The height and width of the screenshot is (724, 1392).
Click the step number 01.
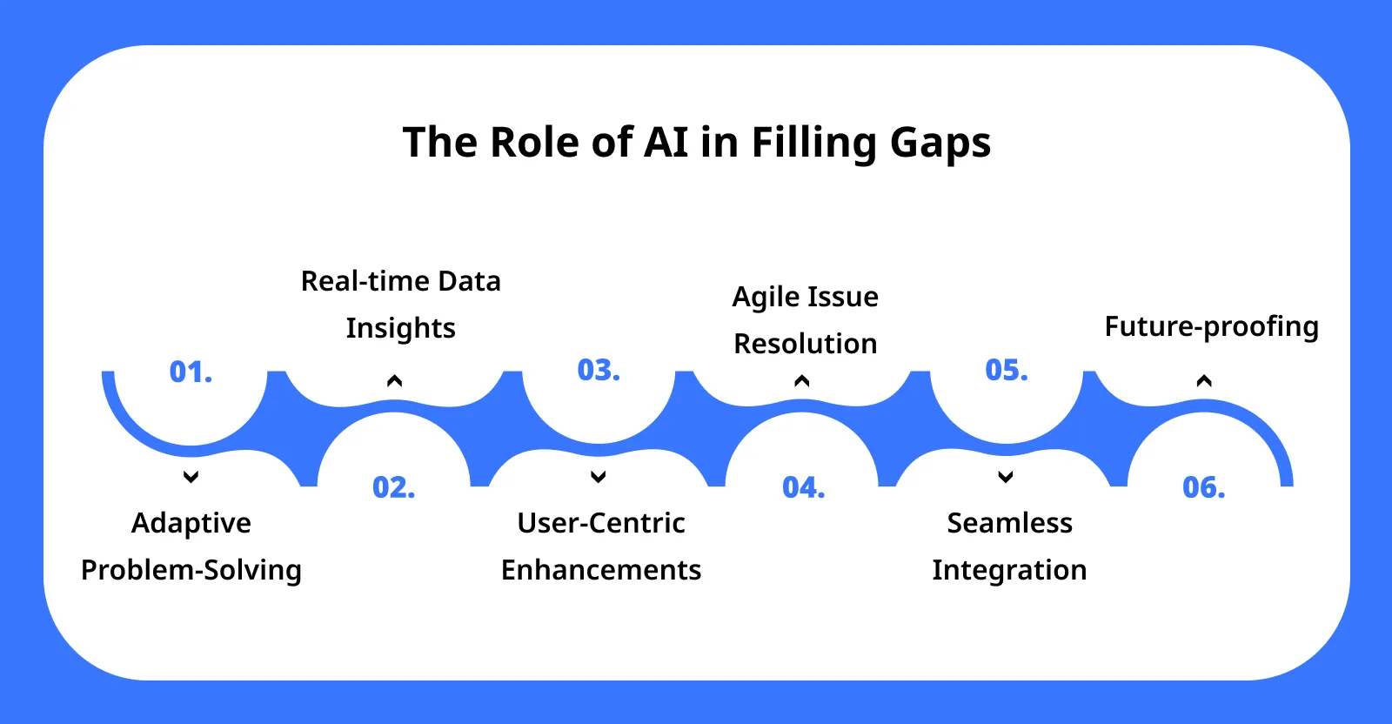pyautogui.click(x=191, y=372)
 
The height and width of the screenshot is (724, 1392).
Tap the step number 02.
pyautogui.click(x=393, y=487)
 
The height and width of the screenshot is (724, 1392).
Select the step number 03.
pyautogui.click(x=599, y=371)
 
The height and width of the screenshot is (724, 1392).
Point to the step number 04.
pyautogui.click(x=803, y=487)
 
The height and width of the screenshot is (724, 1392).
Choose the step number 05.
pyautogui.click(x=1006, y=371)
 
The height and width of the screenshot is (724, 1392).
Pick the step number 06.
pyautogui.click(x=1203, y=487)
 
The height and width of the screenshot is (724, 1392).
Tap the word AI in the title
pyautogui.click(x=666, y=142)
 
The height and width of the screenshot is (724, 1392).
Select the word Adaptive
pyautogui.click(x=191, y=523)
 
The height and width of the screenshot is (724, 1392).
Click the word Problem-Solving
pyautogui.click(x=191, y=570)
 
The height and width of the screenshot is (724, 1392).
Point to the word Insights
pyautogui.click(x=400, y=328)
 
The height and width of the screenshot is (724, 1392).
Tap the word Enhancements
pyautogui.click(x=601, y=570)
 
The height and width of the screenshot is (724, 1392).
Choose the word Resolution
pyautogui.click(x=806, y=344)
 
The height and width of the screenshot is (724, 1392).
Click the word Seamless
pyautogui.click(x=1009, y=523)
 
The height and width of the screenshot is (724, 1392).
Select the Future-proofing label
pyautogui.click(x=1211, y=327)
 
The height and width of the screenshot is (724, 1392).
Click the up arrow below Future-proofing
pyautogui.click(x=1204, y=380)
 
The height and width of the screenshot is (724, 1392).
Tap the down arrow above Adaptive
pyautogui.click(x=191, y=477)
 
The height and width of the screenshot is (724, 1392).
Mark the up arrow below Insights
pyautogui.click(x=394, y=380)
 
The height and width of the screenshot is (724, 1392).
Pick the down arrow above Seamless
pyautogui.click(x=1006, y=477)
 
